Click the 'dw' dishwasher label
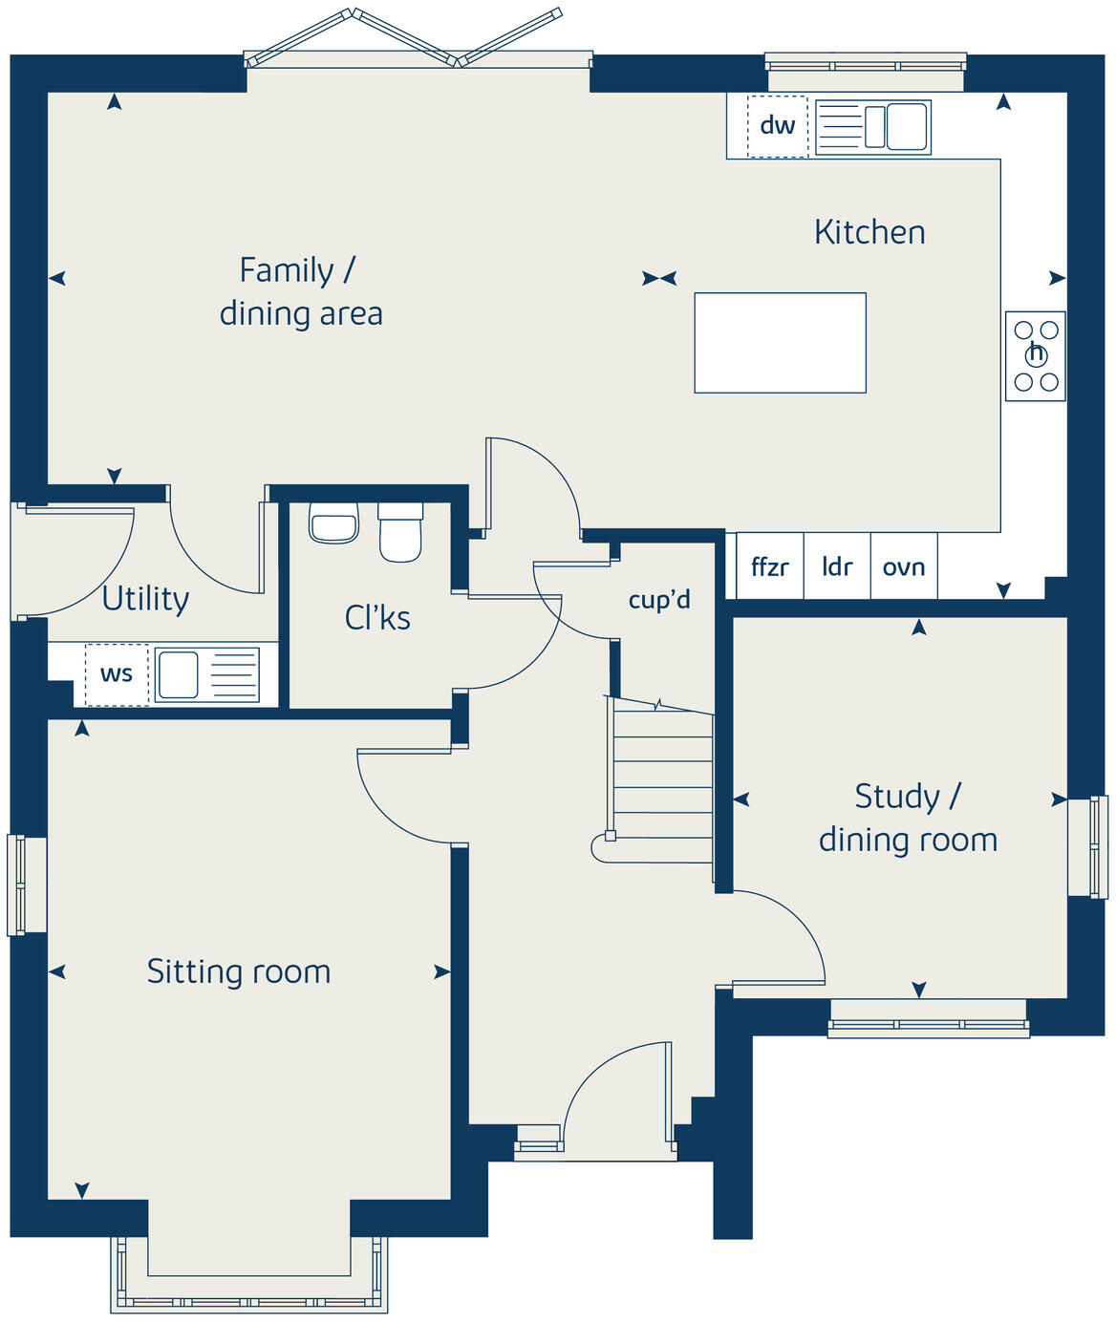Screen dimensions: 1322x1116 777,125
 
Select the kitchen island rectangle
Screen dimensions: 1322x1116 780,343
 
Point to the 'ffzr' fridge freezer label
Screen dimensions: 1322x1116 769,567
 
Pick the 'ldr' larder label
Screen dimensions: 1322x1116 837,567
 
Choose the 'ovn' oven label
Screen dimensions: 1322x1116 903,567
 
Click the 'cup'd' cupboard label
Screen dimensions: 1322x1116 659,600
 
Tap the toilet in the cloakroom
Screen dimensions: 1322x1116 400,532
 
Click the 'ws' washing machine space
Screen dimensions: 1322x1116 117,674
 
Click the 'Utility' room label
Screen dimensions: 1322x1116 145,599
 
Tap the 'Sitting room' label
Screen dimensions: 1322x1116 239,971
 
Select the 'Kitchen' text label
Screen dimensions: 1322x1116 869,232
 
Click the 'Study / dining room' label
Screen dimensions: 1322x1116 908,818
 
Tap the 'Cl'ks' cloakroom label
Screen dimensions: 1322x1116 377,618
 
